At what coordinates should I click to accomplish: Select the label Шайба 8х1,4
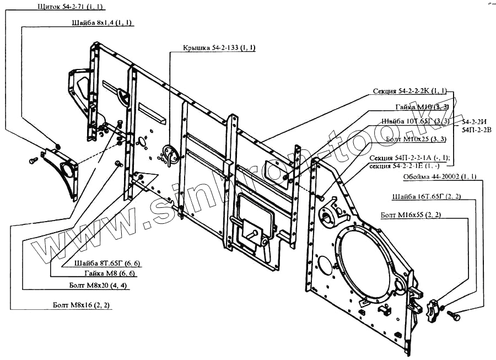102,23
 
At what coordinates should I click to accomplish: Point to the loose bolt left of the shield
33,161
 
